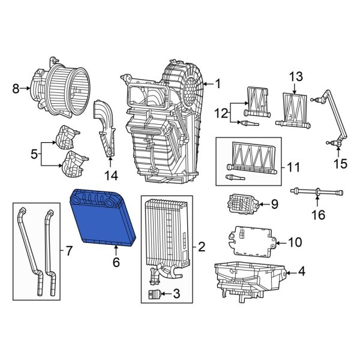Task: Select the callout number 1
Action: (x=218, y=83)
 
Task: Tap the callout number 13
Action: (x=296, y=77)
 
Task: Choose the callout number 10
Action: (x=295, y=242)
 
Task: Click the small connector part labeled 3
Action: (x=155, y=295)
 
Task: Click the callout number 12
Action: (x=220, y=112)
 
